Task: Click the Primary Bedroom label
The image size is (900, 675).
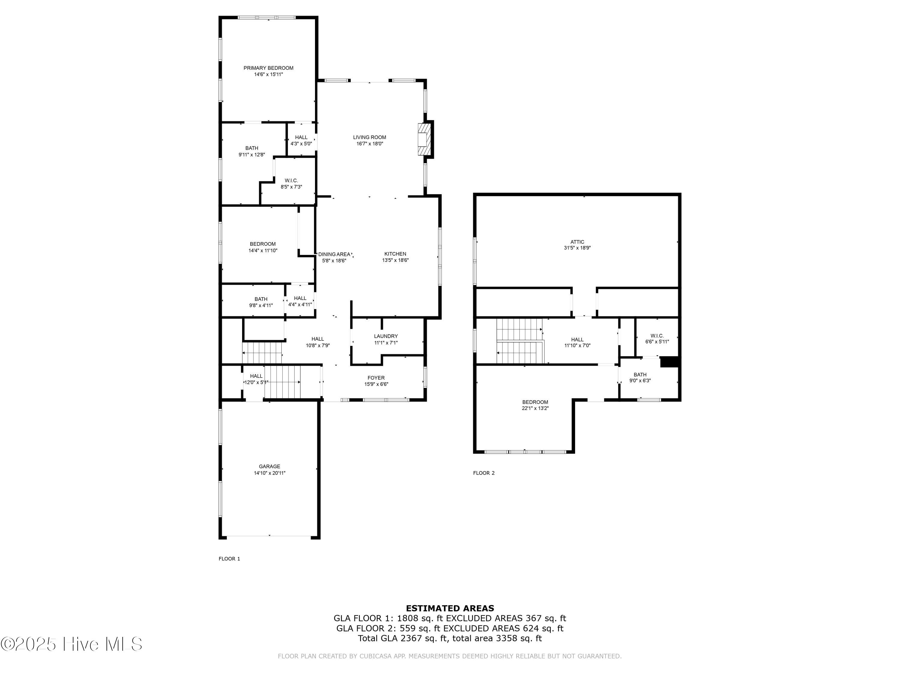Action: (x=268, y=68)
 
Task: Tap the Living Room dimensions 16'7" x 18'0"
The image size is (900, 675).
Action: (x=369, y=144)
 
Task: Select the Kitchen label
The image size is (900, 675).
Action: (x=395, y=254)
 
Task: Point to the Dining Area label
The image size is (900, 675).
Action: (x=334, y=254)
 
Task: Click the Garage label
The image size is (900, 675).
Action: (x=269, y=467)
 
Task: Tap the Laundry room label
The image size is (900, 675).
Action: (x=386, y=336)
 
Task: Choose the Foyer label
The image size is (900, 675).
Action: (x=376, y=378)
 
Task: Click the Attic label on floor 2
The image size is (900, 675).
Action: (x=577, y=242)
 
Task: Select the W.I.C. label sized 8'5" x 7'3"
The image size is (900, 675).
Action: (x=291, y=181)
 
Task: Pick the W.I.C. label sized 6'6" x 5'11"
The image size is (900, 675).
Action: (x=657, y=336)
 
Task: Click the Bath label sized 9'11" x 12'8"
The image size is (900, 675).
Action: (x=251, y=148)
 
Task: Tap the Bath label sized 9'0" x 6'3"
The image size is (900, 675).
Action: (x=640, y=375)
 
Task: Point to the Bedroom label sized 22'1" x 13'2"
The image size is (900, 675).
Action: (x=535, y=402)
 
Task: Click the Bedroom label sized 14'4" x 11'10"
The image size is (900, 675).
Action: (x=262, y=244)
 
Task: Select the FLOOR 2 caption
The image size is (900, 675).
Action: (x=484, y=473)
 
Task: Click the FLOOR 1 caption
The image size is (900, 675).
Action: (x=229, y=559)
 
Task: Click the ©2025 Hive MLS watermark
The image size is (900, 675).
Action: (x=72, y=644)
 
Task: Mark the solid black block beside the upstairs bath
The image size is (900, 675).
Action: (x=669, y=362)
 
